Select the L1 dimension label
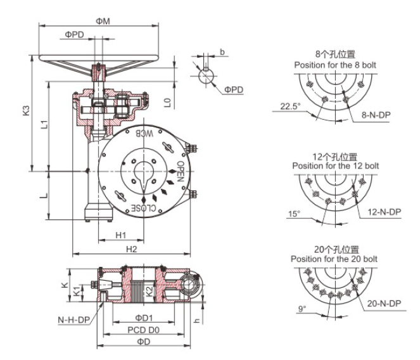pyautogui.click(x=42, y=124)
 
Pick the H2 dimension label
pyautogui.click(x=131, y=250)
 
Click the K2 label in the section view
pyautogui.click(x=150, y=290)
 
